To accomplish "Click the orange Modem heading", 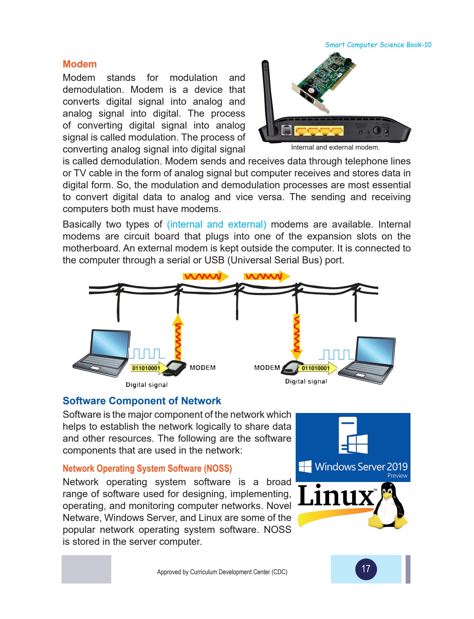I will point(80,64).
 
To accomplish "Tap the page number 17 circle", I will point(366,569).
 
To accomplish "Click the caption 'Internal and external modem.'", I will point(335,147).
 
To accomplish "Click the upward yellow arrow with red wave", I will point(178,337).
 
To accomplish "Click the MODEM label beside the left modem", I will point(202,368).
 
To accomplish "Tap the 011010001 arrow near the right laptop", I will point(317,368).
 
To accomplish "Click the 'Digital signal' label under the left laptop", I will point(147,385).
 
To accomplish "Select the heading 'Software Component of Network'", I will point(142,401).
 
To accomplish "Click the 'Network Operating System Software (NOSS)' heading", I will point(147,468).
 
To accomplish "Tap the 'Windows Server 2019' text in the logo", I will point(361,467).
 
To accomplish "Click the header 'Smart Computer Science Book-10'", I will point(378,45).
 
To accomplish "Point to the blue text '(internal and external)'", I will point(216,224).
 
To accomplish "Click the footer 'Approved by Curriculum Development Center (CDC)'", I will point(222,572).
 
